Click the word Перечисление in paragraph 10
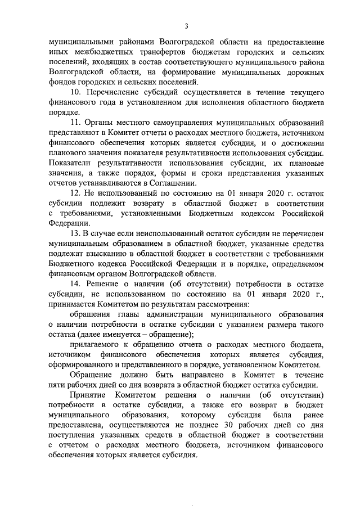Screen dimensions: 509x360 coord(114,92)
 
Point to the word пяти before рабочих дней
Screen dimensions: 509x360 coord(58,386)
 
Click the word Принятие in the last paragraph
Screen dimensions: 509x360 coord(87,396)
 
